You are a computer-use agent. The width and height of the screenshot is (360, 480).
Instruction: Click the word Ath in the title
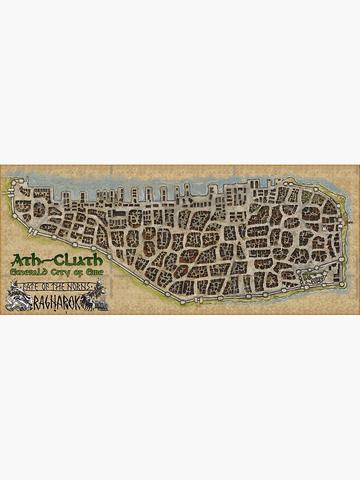point(24,261)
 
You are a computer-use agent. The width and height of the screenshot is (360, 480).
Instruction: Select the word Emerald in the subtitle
point(33,273)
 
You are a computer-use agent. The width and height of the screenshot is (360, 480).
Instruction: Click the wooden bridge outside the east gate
point(348,222)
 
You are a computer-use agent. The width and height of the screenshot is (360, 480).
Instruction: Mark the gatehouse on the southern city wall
point(182,301)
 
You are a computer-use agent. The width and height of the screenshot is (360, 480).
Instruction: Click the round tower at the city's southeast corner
point(342,284)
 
